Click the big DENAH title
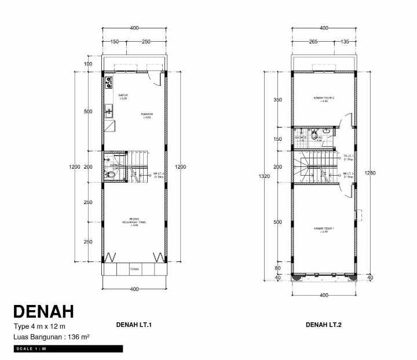pyautogui.click(x=43, y=311)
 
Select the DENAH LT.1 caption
pyautogui.click(x=134, y=325)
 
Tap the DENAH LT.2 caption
pyautogui.click(x=324, y=325)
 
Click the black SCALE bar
pyautogui.click(x=68, y=349)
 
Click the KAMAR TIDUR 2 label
pyautogui.click(x=324, y=99)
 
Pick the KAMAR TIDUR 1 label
pyautogui.click(x=323, y=229)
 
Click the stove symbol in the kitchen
pyautogui.click(x=108, y=82)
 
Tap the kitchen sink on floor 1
pyautogui.click(x=108, y=111)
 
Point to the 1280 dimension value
pyautogui.click(x=371, y=173)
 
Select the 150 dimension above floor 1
pyautogui.click(x=114, y=42)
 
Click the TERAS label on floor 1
pyautogui.click(x=134, y=269)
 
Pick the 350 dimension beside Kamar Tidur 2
pyautogui.click(x=277, y=100)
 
